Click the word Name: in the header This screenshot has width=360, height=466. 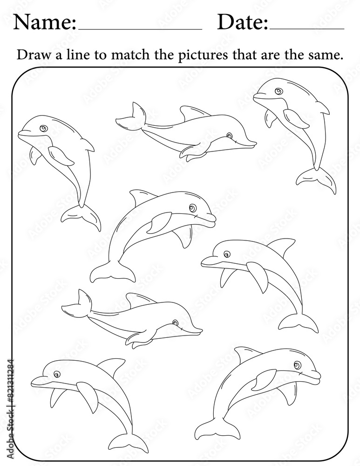[45, 22]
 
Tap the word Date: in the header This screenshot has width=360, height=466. [243, 22]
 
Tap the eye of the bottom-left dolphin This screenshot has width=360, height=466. [57, 374]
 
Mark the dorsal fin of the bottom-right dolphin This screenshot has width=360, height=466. [245, 353]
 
